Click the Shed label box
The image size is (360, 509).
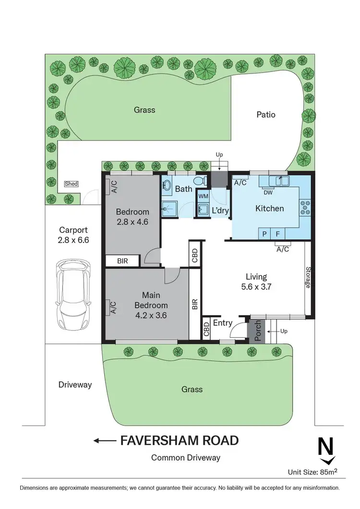(x=71, y=184)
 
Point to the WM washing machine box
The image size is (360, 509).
(x=203, y=196)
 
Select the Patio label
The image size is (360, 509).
(x=266, y=115)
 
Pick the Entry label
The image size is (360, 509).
(x=223, y=323)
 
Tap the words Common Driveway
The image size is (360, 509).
(x=186, y=458)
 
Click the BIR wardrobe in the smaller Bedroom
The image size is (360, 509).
(x=122, y=260)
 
